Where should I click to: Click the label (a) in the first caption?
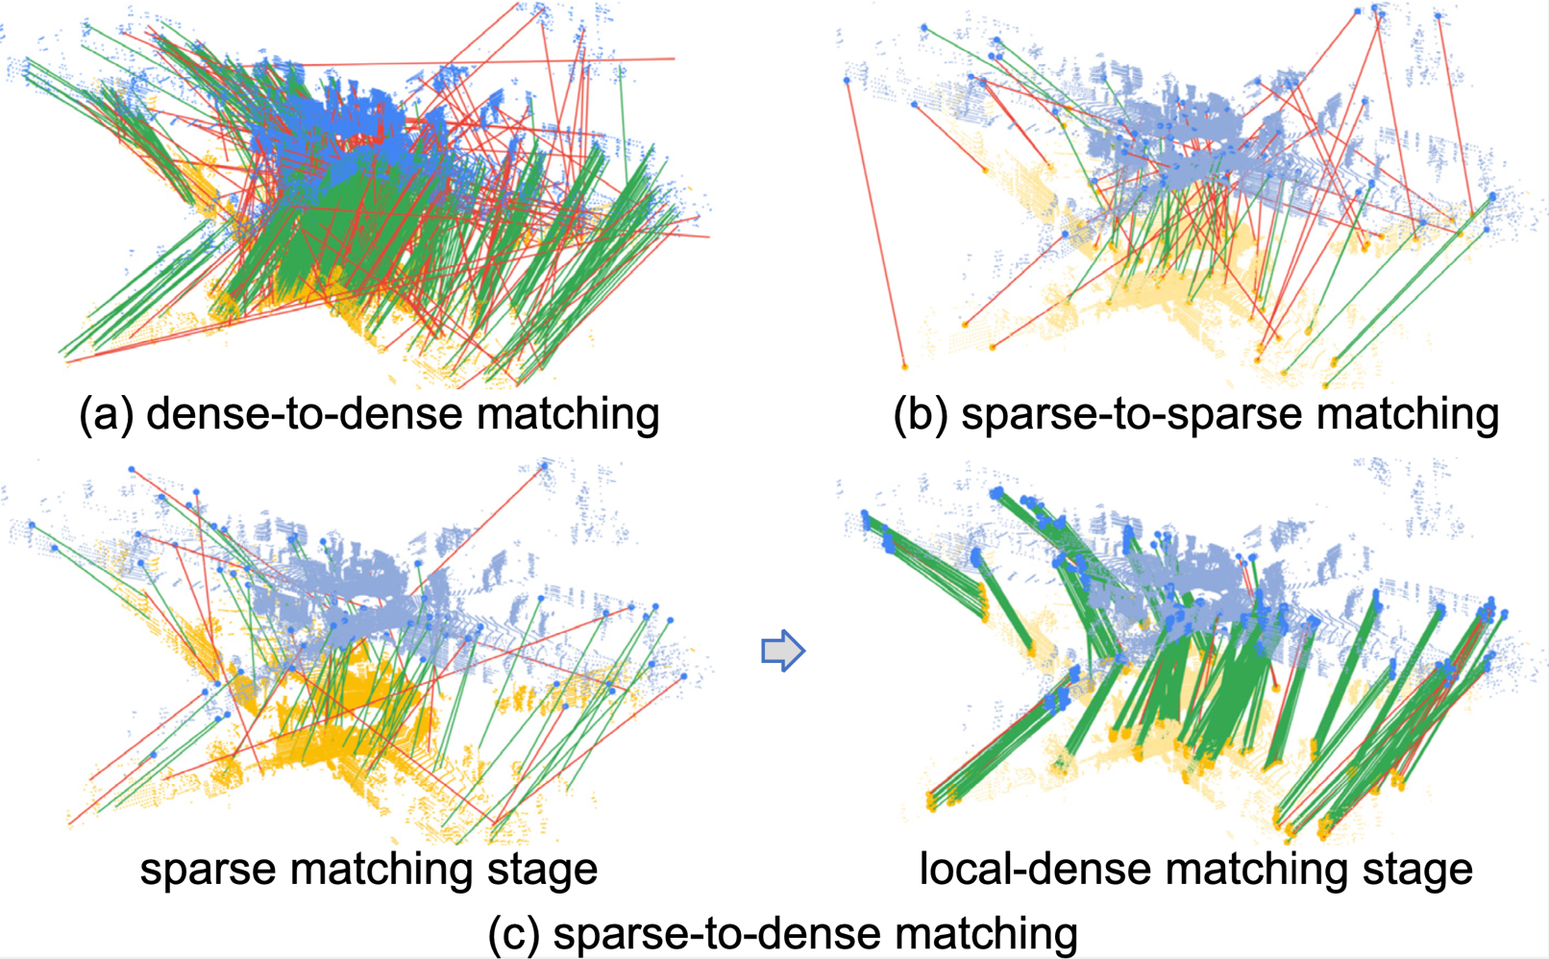[106, 414]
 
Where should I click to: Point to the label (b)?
[921, 414]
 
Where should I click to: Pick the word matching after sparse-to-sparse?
[1407, 414]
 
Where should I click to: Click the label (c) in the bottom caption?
[513, 933]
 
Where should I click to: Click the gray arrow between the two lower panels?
[783, 650]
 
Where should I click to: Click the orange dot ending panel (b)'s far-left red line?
[904, 366]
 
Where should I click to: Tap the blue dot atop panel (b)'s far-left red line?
[847, 81]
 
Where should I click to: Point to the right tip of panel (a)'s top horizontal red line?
[675, 59]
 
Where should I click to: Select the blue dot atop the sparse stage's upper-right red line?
[545, 466]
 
